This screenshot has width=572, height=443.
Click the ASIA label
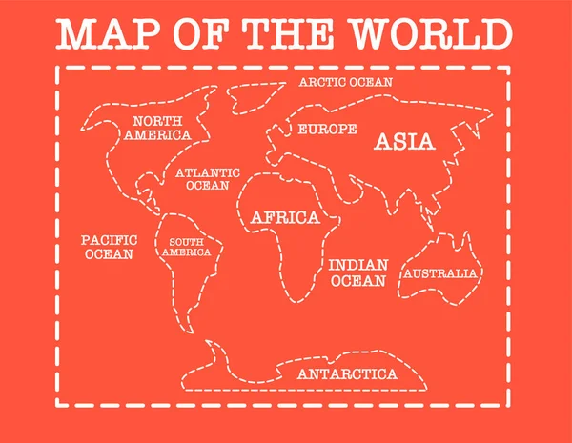click(x=404, y=142)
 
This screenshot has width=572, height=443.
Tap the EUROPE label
click(x=327, y=129)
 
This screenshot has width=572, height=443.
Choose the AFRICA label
click(x=285, y=218)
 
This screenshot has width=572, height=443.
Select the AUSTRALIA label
click(x=439, y=273)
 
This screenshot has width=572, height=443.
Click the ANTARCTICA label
click(x=347, y=373)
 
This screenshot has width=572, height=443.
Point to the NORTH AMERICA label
click(x=156, y=128)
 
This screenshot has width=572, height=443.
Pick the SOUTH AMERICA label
click(x=187, y=247)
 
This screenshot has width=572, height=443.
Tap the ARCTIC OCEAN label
click(x=345, y=82)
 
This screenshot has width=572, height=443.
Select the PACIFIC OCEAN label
click(x=109, y=248)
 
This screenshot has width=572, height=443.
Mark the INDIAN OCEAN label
click(x=358, y=272)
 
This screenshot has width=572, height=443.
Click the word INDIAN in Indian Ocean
click(x=358, y=264)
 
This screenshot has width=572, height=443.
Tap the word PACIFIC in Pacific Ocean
click(x=109, y=240)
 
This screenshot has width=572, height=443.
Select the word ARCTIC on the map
click(x=321, y=82)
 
